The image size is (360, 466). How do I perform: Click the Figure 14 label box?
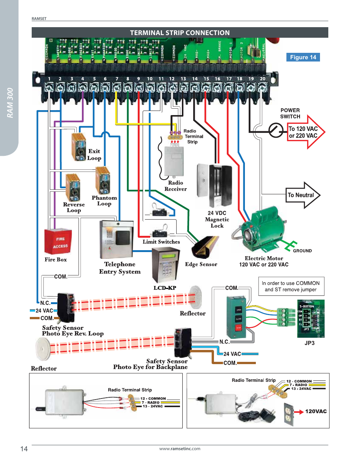[x=303, y=57]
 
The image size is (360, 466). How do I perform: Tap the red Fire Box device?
[x=58, y=241]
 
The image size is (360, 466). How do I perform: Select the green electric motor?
[x=264, y=230]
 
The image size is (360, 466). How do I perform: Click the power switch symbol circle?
[x=276, y=131]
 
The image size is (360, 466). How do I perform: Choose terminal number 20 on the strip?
[x=262, y=87]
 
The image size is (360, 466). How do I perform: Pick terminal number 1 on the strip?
[x=49, y=87]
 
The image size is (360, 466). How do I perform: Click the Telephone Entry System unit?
[x=117, y=240]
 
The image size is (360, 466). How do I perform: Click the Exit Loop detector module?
[x=79, y=147]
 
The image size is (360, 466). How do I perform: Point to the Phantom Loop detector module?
[x=103, y=181]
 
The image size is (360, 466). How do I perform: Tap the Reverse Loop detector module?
[x=73, y=188]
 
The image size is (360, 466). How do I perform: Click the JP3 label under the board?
[x=309, y=343]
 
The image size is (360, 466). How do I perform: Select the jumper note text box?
[x=291, y=286]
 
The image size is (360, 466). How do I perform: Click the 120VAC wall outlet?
[x=288, y=414]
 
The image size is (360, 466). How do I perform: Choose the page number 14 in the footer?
[x=24, y=449]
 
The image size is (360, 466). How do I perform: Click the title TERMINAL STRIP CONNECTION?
[x=180, y=33]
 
